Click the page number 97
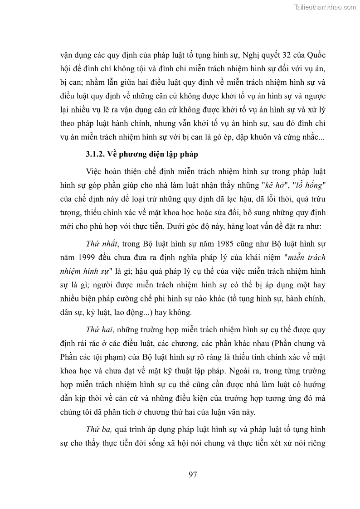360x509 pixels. (193, 475)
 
